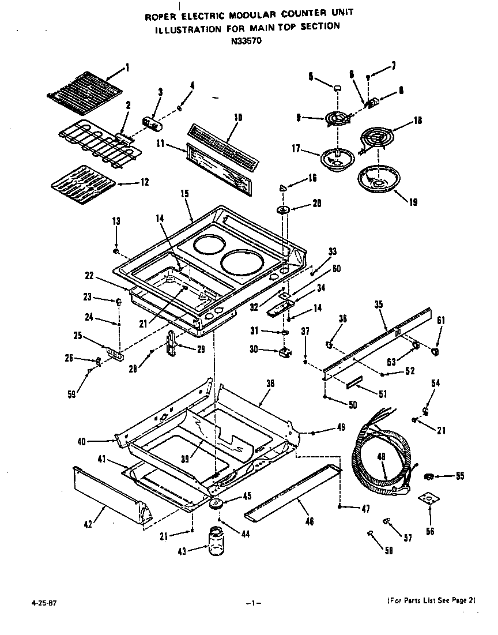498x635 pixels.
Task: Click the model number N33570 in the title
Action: click(x=246, y=41)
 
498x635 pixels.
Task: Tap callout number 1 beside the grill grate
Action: click(x=128, y=67)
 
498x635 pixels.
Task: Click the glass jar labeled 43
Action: click(x=216, y=542)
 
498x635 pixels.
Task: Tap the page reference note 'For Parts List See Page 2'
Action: click(x=431, y=600)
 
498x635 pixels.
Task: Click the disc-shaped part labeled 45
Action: click(x=217, y=504)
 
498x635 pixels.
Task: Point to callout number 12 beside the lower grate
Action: click(x=144, y=182)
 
